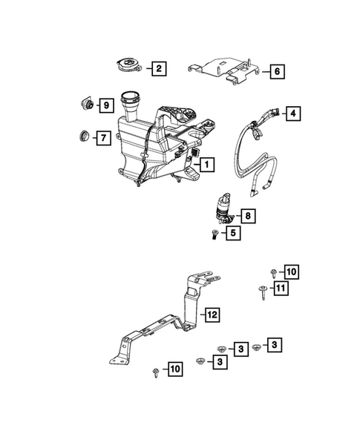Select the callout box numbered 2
(x=157, y=69)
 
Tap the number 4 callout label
(x=294, y=114)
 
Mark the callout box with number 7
(x=102, y=137)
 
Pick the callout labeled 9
(x=105, y=105)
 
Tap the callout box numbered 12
(x=212, y=315)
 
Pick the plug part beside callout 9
(x=86, y=105)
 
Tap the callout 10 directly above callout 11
(x=289, y=272)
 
